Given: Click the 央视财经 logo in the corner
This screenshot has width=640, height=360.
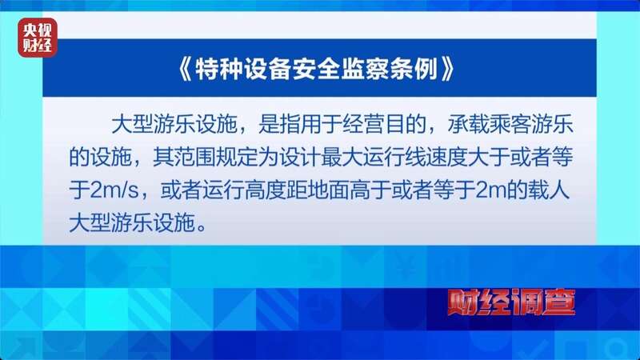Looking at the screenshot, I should point(38,38).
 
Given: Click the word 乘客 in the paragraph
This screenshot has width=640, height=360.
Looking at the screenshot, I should point(515,126).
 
